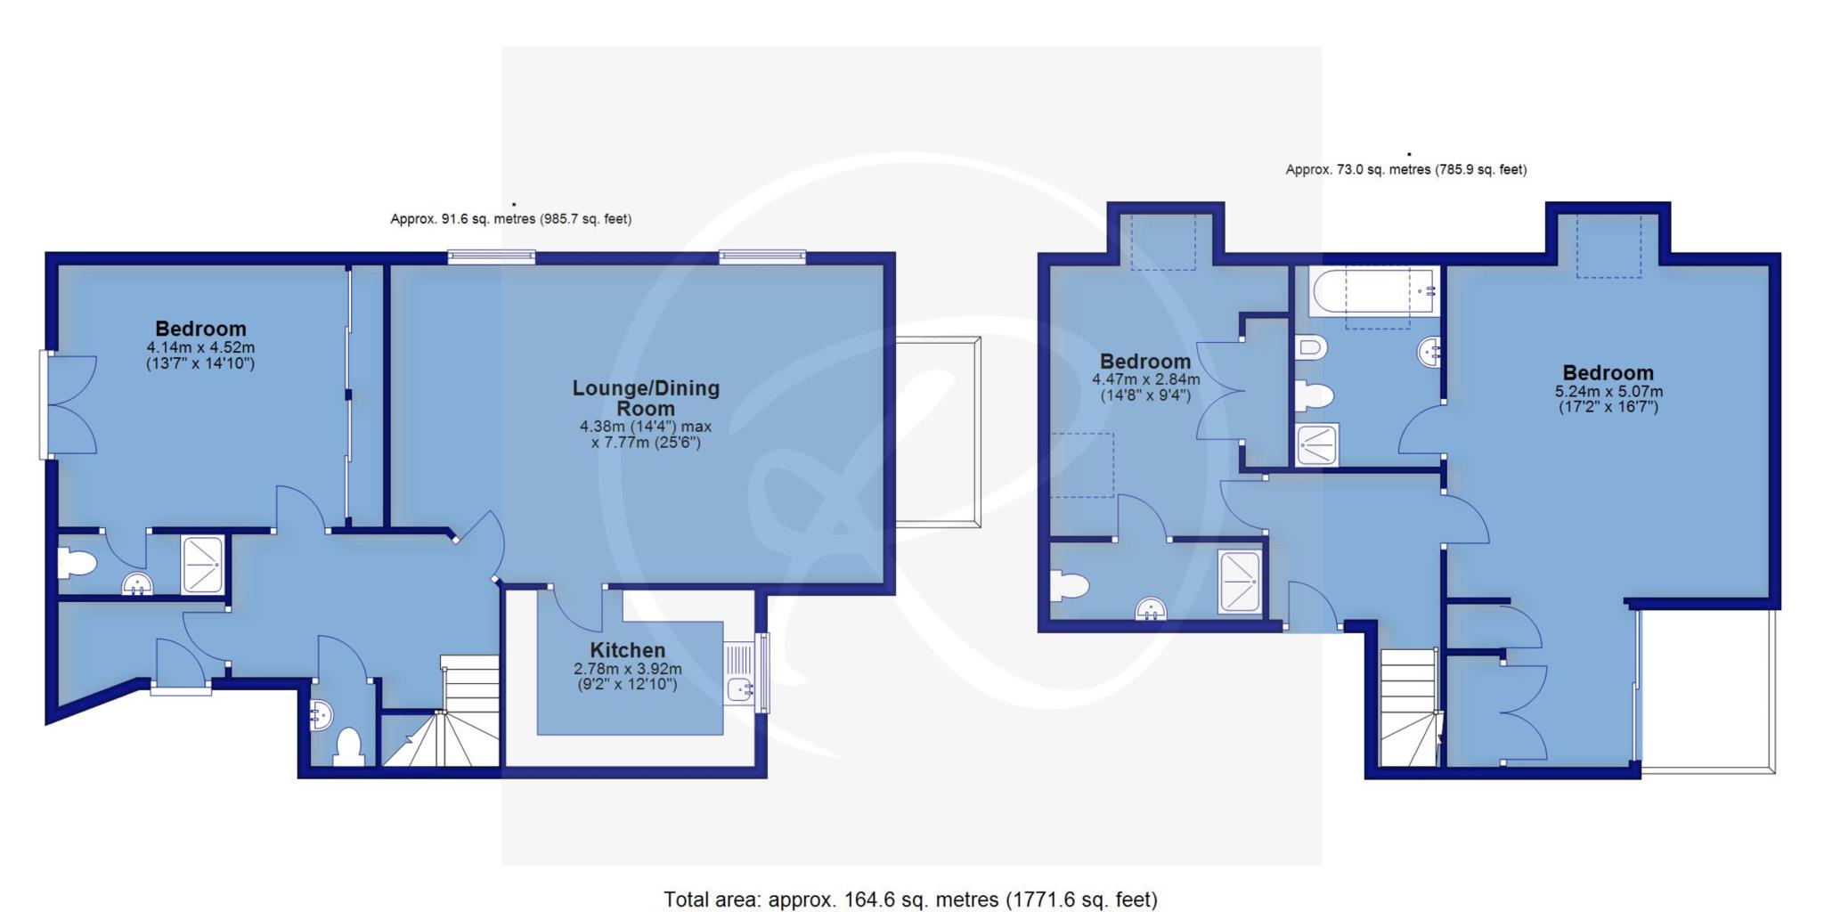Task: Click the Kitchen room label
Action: tap(627, 650)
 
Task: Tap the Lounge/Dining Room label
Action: tap(646, 398)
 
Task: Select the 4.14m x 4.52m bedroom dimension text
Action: tap(200, 355)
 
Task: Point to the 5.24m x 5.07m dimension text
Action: tap(1608, 399)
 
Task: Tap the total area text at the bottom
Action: tap(910, 900)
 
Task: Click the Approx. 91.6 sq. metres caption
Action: tap(510, 219)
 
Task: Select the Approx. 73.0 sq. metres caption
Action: tap(1406, 169)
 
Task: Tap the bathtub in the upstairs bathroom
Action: tap(1372, 291)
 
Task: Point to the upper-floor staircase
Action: tap(1409, 707)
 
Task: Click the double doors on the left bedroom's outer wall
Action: tap(69, 405)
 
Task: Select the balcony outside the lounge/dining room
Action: tap(938, 432)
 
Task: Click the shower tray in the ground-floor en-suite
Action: tap(202, 565)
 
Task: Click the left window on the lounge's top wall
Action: tap(492, 258)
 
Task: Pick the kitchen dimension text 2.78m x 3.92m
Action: tap(628, 677)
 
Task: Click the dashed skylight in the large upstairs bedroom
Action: tap(1609, 246)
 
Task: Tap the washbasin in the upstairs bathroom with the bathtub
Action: tap(1429, 353)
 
